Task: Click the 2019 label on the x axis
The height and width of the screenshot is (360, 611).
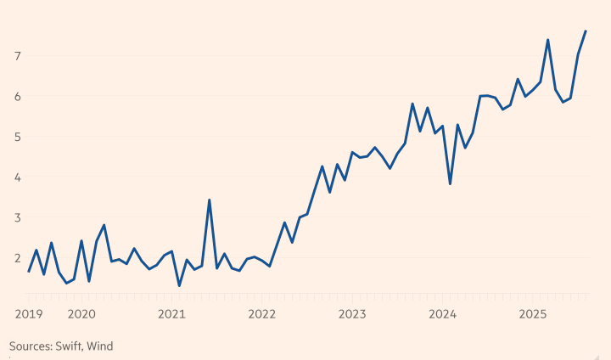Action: pyautogui.click(x=29, y=314)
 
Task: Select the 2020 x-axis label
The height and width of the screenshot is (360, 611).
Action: pyautogui.click(x=81, y=314)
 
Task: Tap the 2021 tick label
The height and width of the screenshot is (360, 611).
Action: pyautogui.click(x=171, y=314)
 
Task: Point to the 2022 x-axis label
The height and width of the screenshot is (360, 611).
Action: pyautogui.click(x=262, y=314)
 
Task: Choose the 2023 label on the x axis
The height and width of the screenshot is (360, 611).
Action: pyautogui.click(x=352, y=314)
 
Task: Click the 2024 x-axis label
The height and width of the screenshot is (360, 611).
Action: pyautogui.click(x=443, y=314)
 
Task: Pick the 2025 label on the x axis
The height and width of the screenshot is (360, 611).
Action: pyautogui.click(x=533, y=314)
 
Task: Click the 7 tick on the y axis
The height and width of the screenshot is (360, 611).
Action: pyautogui.click(x=17, y=56)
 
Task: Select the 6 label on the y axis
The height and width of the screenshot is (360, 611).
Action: pyautogui.click(x=17, y=96)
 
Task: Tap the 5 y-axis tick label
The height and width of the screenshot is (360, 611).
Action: pyautogui.click(x=17, y=137)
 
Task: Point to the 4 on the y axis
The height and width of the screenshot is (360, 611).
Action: pyautogui.click(x=17, y=177)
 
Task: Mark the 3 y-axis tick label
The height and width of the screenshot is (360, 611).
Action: pyautogui.click(x=17, y=217)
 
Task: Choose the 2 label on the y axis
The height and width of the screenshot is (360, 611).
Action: pyautogui.click(x=17, y=257)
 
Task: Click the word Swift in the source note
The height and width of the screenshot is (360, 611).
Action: pyautogui.click(x=71, y=346)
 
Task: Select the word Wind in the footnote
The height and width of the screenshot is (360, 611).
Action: pyautogui.click(x=100, y=346)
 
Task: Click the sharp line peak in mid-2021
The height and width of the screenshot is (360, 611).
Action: pyautogui.click(x=209, y=200)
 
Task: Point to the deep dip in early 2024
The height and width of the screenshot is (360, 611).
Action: pyautogui.click(x=450, y=183)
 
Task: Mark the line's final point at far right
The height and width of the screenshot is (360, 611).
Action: pyautogui.click(x=586, y=31)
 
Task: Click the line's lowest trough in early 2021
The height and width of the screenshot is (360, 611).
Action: pyautogui.click(x=179, y=285)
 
